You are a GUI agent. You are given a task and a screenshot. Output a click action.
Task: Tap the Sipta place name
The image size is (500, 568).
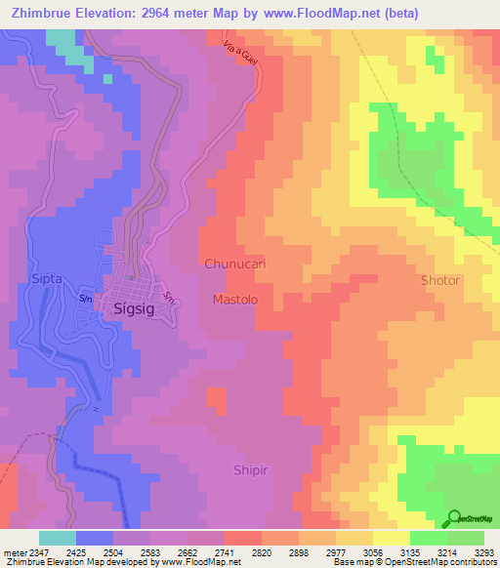47,278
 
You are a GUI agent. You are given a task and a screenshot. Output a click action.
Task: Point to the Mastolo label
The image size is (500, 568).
235,300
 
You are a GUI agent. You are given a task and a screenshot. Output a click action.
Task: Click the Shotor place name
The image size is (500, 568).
439,280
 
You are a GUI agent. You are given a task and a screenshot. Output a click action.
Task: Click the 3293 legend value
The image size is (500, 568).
484,551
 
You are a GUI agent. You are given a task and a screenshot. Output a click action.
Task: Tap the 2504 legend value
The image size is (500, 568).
119,551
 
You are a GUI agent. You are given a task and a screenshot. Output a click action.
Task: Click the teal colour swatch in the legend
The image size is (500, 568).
58,538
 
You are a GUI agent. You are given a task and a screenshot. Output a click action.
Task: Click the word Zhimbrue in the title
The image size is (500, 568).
46,15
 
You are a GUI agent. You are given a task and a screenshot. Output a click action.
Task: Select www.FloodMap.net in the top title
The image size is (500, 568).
317,15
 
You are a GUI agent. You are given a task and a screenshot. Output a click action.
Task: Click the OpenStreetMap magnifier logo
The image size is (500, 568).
452,518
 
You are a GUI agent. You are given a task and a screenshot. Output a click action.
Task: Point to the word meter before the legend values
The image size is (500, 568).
15,551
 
